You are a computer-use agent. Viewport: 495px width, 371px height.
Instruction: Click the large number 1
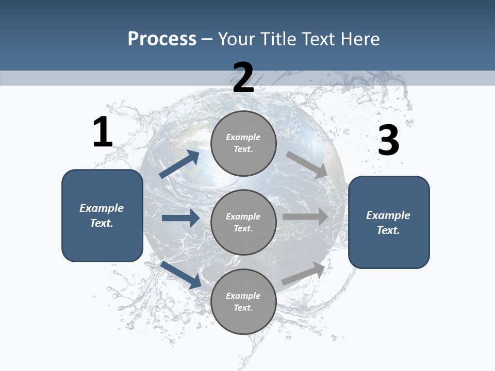pyautogui.click(x=103, y=132)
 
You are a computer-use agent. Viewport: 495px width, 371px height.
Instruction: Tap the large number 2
pyautogui.click(x=243, y=78)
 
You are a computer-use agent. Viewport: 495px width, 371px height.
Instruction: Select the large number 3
pyautogui.click(x=388, y=140)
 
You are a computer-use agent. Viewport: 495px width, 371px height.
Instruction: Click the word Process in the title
pyautogui.click(x=162, y=39)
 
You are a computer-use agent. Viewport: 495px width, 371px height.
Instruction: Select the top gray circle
pyautogui.click(x=243, y=143)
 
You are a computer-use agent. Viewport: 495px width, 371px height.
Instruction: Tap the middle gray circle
pyautogui.click(x=243, y=222)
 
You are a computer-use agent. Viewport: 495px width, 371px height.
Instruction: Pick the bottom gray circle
pyautogui.click(x=243, y=301)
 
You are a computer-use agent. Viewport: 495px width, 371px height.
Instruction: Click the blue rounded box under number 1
pyautogui.click(x=102, y=215)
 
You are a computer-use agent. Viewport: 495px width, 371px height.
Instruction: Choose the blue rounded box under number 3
pyautogui.click(x=389, y=223)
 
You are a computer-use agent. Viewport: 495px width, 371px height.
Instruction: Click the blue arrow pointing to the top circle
pyautogui.click(x=179, y=164)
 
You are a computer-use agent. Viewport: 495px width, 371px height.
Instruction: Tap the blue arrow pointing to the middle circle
pyautogui.click(x=180, y=218)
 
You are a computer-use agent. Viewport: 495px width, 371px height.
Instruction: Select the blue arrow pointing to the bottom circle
pyautogui.click(x=180, y=275)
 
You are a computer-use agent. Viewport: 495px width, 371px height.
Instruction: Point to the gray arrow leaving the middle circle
pyautogui.click(x=305, y=217)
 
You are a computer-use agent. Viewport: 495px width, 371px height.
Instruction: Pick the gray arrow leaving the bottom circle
pyautogui.click(x=304, y=273)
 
